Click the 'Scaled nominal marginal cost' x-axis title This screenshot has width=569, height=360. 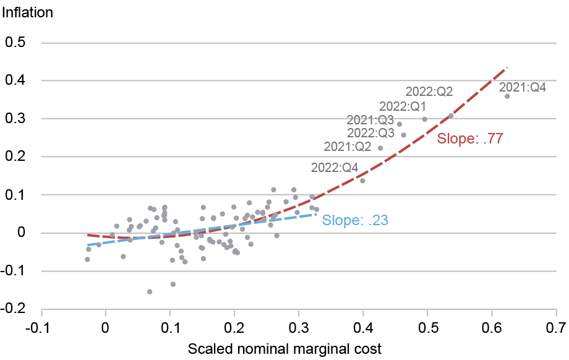pos(284,348)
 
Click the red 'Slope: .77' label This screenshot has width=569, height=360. pos(469,139)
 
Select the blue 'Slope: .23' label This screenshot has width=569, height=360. pos(356,220)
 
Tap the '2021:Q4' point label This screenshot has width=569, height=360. pos(523,87)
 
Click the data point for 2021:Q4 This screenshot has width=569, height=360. pos(507,96)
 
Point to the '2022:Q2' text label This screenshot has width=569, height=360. pos(429,92)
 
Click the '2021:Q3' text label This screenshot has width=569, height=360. pos(370,120)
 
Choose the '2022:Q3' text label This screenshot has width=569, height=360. pos(370,133)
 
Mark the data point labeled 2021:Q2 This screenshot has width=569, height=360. pos(380,148)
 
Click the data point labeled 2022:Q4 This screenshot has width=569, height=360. pos(362,181)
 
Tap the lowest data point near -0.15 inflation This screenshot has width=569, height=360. pos(150,291)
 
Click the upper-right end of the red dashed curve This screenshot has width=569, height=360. pos(507,67)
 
